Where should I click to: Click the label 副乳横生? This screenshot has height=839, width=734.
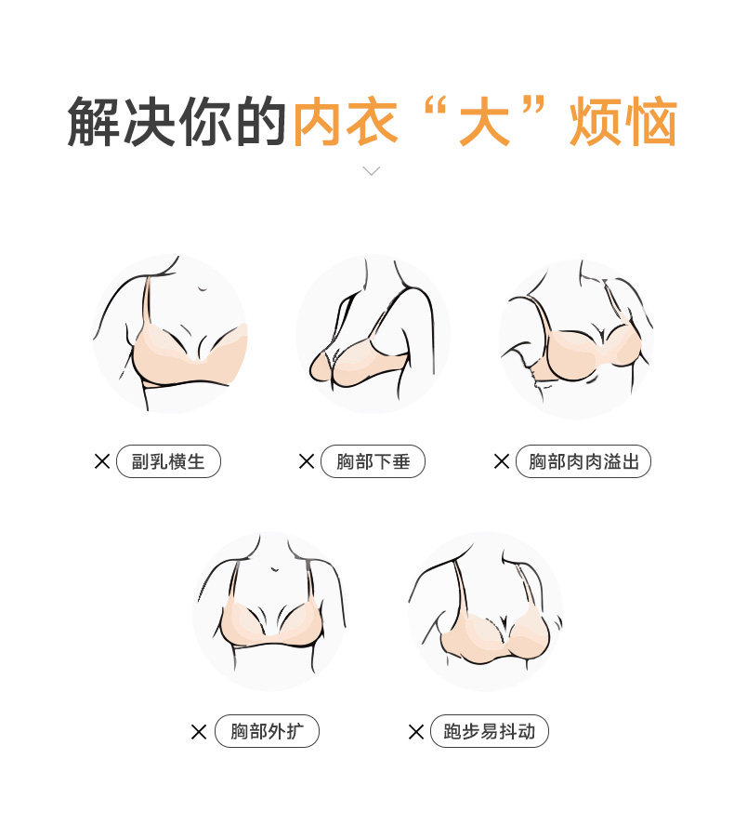tap(168, 461)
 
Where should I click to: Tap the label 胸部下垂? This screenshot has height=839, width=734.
tap(373, 461)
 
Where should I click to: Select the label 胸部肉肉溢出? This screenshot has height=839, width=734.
tap(583, 461)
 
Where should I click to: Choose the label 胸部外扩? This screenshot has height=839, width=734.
tap(267, 731)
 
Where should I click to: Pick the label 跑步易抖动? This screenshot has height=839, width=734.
tap(489, 731)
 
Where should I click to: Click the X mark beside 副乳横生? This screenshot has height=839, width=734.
tap(102, 461)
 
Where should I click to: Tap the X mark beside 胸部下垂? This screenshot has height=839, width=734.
tap(307, 461)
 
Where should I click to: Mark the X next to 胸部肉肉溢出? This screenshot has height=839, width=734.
tap(502, 461)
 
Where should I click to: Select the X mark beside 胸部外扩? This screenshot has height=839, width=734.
tap(199, 731)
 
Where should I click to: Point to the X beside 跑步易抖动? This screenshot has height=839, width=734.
tap(416, 731)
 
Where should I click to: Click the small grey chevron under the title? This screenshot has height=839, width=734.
tap(371, 171)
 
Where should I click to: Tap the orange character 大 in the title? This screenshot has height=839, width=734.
tap(484, 122)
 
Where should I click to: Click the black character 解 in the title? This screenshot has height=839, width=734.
tap(94, 122)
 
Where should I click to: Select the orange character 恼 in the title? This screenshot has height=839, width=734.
tap(651, 122)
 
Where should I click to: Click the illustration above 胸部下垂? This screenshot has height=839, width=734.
tap(373, 333)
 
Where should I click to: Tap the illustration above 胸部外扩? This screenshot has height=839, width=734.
tap(269, 610)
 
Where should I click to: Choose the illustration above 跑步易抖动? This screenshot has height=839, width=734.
tap(485, 610)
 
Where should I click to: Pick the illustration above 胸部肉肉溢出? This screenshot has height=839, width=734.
tap(576, 339)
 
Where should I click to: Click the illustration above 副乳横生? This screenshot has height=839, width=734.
tap(170, 333)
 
